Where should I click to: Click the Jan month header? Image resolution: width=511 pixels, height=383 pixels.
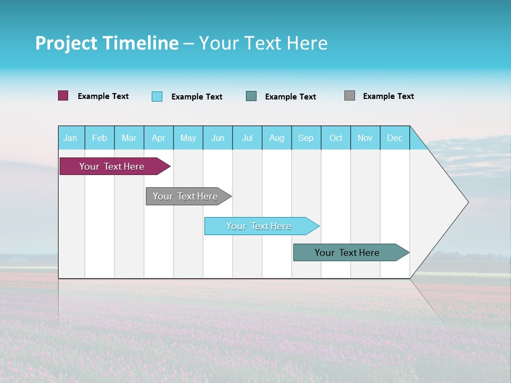70,138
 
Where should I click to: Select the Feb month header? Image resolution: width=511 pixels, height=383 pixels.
100,138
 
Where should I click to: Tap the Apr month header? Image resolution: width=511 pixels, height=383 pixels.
158,138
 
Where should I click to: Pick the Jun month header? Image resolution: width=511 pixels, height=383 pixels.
218,138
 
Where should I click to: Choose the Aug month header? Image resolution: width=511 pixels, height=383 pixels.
276,138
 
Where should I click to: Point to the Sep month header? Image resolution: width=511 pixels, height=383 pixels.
306,138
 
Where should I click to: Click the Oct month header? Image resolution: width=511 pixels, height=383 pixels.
336,138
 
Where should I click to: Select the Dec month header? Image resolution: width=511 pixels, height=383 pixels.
394,138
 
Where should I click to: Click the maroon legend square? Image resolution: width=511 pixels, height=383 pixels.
63,96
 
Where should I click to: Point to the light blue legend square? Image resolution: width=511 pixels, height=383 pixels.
157,96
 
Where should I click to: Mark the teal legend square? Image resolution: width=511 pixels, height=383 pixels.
251,96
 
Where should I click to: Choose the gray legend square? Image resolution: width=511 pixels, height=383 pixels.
350,96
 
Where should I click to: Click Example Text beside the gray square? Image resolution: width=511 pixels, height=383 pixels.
388,96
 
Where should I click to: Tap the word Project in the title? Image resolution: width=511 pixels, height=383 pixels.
65,43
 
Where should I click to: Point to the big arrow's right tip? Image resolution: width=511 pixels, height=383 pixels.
467,202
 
